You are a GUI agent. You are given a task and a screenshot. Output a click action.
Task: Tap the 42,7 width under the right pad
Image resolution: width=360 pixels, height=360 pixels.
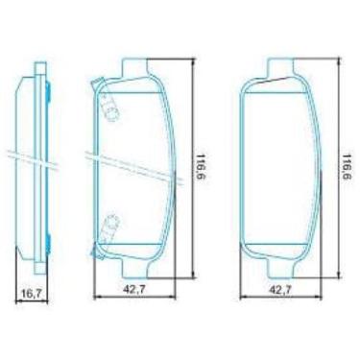point(279,287)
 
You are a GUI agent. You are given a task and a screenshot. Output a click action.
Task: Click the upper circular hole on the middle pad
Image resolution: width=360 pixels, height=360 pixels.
point(110,111)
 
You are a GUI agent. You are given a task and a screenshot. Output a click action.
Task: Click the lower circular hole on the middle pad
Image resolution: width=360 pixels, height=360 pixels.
point(110,225)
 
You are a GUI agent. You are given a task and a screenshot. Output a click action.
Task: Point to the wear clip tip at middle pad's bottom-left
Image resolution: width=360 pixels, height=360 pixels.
point(92,252)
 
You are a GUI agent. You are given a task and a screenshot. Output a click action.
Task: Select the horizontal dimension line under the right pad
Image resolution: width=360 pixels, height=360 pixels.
point(279,297)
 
